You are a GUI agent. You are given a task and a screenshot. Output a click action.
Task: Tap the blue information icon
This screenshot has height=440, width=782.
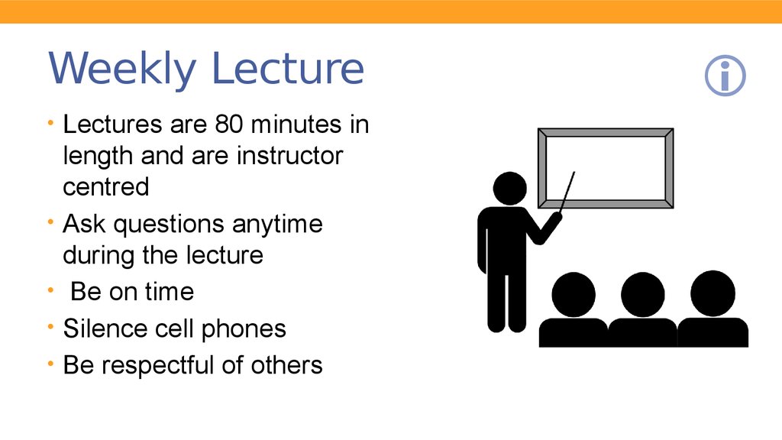pyautogui.click(x=725, y=76)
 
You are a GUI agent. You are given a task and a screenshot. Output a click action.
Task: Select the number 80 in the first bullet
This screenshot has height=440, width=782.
pyautogui.click(x=229, y=125)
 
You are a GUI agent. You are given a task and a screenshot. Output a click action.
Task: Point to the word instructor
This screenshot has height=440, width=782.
pyautogui.click(x=289, y=156)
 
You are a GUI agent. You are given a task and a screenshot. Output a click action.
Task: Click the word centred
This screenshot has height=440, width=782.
pyautogui.click(x=105, y=186)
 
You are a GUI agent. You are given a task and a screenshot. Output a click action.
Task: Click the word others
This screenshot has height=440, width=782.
pyautogui.click(x=287, y=365)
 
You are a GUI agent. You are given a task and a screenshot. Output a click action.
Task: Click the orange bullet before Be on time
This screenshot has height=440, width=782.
pyautogui.click(x=50, y=290)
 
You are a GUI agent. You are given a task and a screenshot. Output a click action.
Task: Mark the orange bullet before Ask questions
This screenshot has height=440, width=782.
pyautogui.click(x=50, y=222)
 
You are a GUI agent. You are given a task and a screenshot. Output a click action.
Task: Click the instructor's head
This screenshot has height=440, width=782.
pyautogui.click(x=509, y=189)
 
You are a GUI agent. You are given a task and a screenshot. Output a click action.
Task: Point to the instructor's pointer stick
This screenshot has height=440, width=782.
pyautogui.click(x=567, y=192)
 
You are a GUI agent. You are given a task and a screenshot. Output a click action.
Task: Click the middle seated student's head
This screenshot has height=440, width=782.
pyautogui.click(x=643, y=294)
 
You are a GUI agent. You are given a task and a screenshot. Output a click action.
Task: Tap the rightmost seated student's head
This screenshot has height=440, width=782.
pyautogui.click(x=713, y=293)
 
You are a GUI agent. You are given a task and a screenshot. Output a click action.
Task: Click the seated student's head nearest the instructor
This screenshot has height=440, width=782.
pyautogui.click(x=574, y=294)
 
